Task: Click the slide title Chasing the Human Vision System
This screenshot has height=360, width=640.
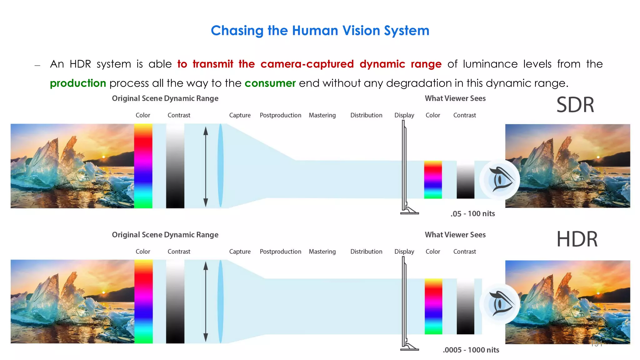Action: [320, 31]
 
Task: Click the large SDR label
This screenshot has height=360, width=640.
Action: [575, 105]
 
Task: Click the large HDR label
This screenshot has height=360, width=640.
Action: [577, 239]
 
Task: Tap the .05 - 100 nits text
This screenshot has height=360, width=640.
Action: [472, 214]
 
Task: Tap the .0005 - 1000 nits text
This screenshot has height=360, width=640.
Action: [471, 350]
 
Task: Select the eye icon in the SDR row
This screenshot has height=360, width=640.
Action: [500, 180]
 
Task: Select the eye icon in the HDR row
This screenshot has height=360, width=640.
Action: [500, 304]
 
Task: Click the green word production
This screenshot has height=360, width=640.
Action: [78, 83]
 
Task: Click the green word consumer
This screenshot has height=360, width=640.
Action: [270, 83]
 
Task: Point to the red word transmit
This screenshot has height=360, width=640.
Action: [213, 64]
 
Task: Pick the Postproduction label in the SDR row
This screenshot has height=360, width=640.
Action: [280, 115]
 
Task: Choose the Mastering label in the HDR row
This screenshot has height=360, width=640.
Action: [322, 252]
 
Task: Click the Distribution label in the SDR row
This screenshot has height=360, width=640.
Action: [366, 115]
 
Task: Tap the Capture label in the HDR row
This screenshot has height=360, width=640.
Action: [240, 252]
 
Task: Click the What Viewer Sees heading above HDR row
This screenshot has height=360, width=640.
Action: [455, 235]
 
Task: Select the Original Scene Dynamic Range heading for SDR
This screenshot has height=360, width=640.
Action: [165, 98]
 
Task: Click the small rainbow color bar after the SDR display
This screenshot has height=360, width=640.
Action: [433, 180]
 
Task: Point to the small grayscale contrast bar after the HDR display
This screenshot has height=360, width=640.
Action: [465, 306]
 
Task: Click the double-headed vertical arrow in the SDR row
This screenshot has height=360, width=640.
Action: [206, 167]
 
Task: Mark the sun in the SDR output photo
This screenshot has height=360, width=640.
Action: [598, 157]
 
